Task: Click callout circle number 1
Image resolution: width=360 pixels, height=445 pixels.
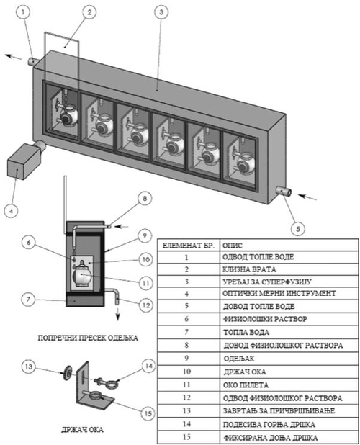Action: [23, 12]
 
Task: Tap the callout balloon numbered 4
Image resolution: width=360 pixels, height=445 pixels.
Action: [11, 211]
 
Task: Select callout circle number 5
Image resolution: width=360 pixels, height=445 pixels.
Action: [298, 229]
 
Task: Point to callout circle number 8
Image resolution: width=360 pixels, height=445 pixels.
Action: [145, 198]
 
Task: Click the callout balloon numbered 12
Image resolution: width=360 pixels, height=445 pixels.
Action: [146, 305]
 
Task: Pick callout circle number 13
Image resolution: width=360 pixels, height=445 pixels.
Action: [29, 367]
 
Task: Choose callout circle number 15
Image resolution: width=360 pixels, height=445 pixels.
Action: [148, 413]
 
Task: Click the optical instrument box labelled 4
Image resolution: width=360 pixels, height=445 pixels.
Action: [24, 161]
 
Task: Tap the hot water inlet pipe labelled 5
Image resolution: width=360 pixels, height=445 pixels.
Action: [284, 192]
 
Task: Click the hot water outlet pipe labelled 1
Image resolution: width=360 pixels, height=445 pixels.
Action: [32, 61]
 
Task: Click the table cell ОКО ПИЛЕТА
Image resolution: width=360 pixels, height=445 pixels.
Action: [246, 385]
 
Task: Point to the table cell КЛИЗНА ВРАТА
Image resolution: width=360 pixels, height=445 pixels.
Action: [249, 269]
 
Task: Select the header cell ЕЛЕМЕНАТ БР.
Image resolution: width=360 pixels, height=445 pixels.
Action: [189, 246]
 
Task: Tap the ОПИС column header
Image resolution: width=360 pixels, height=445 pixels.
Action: [233, 246]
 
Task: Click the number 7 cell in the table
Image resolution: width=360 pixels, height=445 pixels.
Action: [186, 332]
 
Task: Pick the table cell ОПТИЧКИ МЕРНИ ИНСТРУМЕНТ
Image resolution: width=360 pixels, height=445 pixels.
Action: [279, 293]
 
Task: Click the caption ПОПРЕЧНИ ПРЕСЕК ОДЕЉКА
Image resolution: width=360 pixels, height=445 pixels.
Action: [88, 338]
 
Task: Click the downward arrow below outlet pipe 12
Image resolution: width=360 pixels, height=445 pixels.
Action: [117, 315]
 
